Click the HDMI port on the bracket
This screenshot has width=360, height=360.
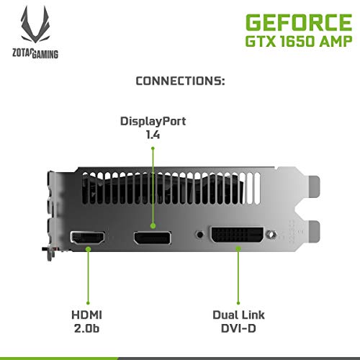click(x=88, y=238)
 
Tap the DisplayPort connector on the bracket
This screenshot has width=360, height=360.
click(x=153, y=238)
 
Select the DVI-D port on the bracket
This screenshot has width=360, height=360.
click(x=237, y=235)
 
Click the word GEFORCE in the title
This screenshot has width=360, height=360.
click(x=299, y=22)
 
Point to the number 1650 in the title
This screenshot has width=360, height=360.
click(x=297, y=41)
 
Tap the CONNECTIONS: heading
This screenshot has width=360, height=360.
click(x=180, y=81)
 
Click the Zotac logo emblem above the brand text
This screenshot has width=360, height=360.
click(x=35, y=24)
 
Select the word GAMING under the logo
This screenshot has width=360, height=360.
click(x=45, y=54)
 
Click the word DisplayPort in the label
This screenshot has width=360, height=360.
click(x=153, y=122)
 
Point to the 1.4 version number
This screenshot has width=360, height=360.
click(x=153, y=135)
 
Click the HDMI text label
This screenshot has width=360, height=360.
click(x=87, y=315)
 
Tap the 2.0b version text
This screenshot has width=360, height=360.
click(x=86, y=328)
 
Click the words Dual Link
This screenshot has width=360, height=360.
click(x=238, y=315)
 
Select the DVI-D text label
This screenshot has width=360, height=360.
click(x=238, y=328)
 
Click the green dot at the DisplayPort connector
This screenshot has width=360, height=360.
click(x=153, y=226)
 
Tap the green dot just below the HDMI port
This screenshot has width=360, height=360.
click(x=88, y=249)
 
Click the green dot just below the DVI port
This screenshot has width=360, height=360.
click(x=238, y=248)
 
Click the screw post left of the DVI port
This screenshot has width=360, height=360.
click(x=199, y=235)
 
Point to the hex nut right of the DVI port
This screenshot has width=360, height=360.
click(x=271, y=234)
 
